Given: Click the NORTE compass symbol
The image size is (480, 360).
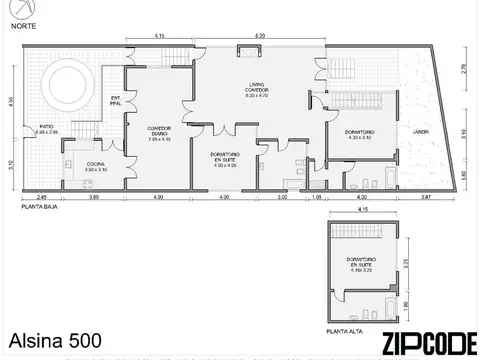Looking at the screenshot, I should [x=16, y=11].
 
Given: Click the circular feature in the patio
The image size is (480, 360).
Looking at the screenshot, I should [x=70, y=77].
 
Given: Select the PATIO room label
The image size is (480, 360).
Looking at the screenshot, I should [x=47, y=129].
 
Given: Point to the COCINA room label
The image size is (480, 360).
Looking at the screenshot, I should [x=96, y=168].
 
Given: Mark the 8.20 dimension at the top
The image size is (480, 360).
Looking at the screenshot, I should [x=260, y=36].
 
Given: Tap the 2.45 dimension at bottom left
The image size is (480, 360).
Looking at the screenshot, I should [x=41, y=198].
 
